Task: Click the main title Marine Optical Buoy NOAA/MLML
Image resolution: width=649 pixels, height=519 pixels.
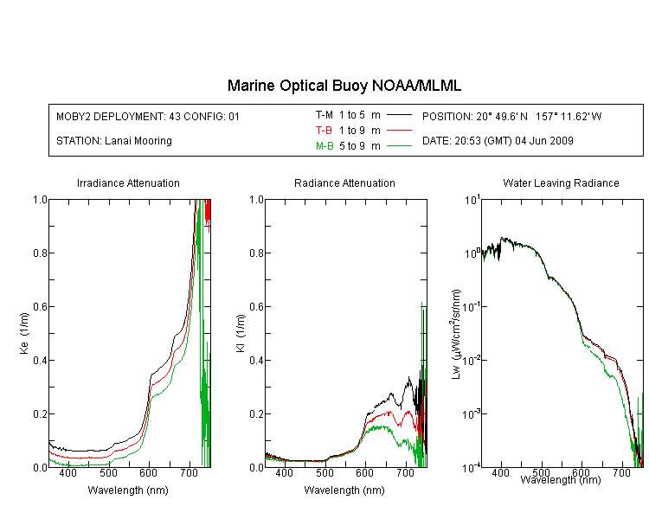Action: pyautogui.click(x=344, y=86)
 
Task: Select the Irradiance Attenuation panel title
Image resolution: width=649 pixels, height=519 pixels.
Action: pyautogui.click(x=128, y=183)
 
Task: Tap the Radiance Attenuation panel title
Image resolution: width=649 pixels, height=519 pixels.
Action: pyautogui.click(x=344, y=183)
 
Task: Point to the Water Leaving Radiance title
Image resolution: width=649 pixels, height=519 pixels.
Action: pyautogui.click(x=561, y=183)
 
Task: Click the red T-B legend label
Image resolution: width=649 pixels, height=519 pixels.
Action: pyautogui.click(x=324, y=131)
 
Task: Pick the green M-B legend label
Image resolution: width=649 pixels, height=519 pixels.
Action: pyautogui.click(x=324, y=146)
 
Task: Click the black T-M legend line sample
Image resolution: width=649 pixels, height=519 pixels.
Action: pyautogui.click(x=399, y=115)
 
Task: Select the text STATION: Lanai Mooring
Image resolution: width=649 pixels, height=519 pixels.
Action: pyautogui.click(x=114, y=141)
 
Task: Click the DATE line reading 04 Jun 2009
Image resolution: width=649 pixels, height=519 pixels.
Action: pyautogui.click(x=498, y=141)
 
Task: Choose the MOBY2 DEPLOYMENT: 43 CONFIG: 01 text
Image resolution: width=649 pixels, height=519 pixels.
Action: pyautogui.click(x=148, y=116)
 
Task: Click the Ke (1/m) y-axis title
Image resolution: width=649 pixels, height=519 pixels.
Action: pyautogui.click(x=24, y=333)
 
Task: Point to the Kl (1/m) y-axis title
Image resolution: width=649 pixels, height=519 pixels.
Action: pyautogui.click(x=241, y=333)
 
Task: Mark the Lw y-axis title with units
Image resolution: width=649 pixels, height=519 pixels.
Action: pyautogui.click(x=456, y=334)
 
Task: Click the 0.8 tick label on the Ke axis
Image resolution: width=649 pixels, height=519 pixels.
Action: pyautogui.click(x=40, y=253)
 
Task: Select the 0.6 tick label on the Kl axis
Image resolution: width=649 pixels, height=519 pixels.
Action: pyautogui.click(x=257, y=307)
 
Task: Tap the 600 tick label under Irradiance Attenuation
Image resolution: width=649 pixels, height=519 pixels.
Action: pyautogui.click(x=149, y=472)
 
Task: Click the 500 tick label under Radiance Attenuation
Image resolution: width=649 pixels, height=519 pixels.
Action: pyautogui.click(x=324, y=472)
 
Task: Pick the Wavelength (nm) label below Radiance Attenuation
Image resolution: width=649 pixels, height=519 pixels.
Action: pyautogui.click(x=344, y=490)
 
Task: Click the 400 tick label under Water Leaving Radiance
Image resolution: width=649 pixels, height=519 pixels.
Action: pyautogui.click(x=501, y=472)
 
